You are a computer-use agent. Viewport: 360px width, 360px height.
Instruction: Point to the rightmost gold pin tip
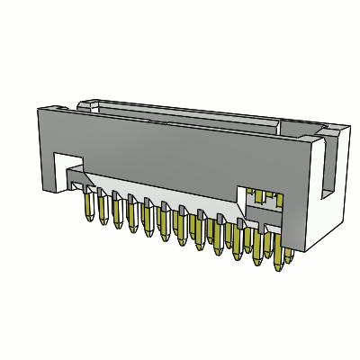tap(288, 260)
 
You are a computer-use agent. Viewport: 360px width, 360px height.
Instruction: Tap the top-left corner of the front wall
tap(38, 110)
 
